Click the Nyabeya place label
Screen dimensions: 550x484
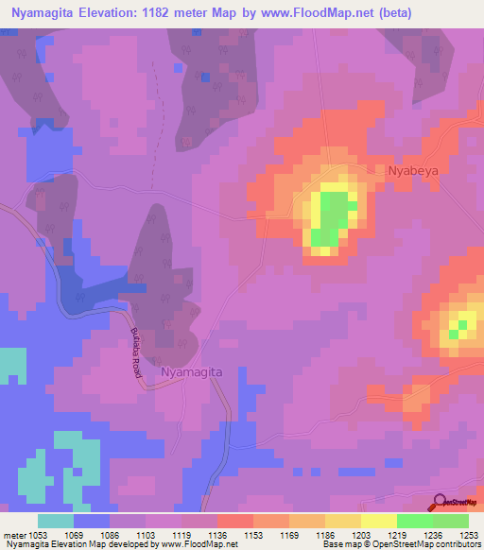point(414,171)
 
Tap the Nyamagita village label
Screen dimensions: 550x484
point(192,372)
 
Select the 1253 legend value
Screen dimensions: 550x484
point(470,535)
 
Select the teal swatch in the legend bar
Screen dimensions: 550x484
point(56,521)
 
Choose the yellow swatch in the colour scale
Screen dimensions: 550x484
point(379,521)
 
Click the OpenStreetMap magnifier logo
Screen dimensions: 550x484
point(441,502)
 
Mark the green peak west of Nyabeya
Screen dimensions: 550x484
point(331,215)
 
